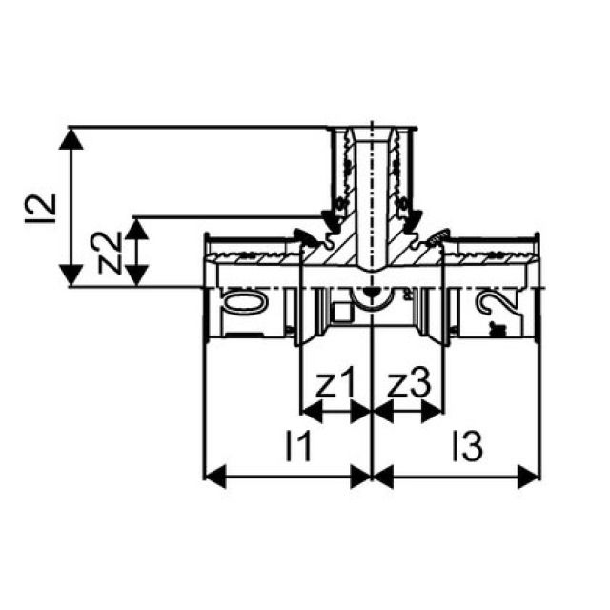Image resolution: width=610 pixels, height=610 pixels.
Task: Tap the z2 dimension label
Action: click(x=113, y=253)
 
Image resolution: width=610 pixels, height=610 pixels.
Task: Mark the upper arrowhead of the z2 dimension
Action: click(x=140, y=227)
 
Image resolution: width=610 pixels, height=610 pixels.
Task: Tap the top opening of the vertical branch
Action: click(x=373, y=129)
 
